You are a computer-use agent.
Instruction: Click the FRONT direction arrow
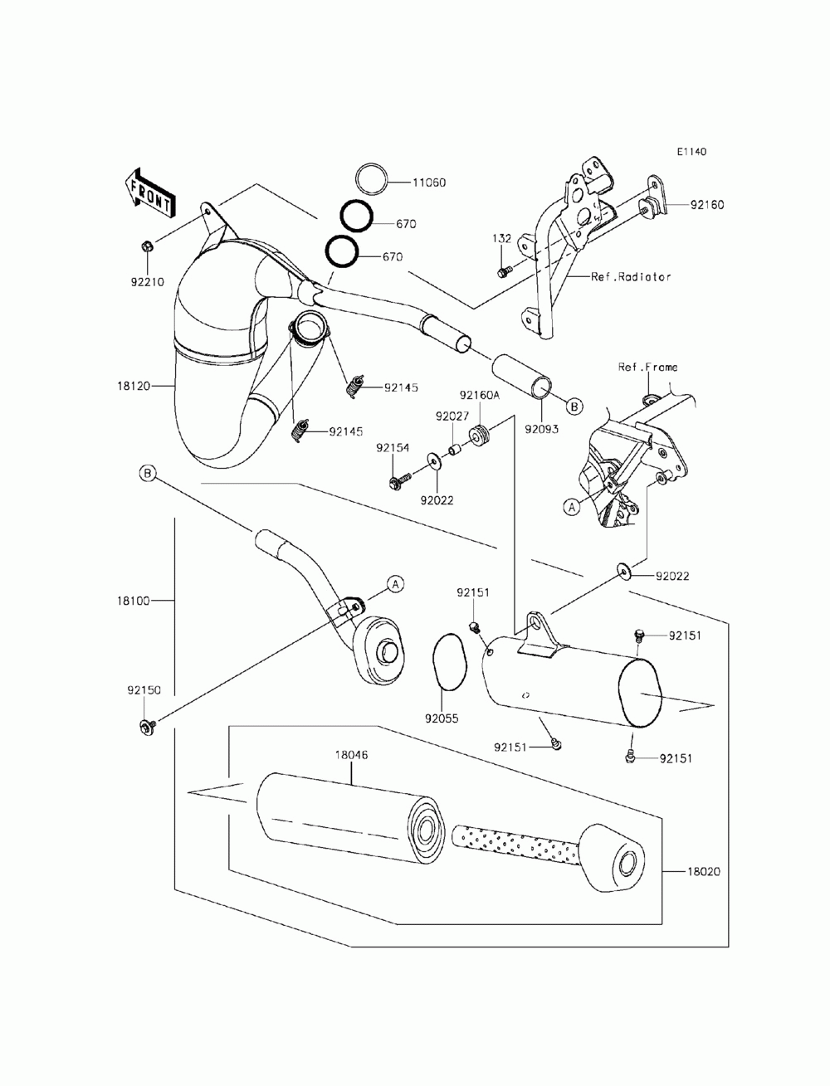(x=149, y=193)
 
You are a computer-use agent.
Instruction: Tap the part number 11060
(x=428, y=183)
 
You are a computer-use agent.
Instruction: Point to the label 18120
(x=133, y=386)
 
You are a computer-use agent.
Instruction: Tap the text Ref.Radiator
(x=631, y=276)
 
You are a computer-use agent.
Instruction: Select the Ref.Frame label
(x=647, y=367)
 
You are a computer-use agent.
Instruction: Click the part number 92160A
(x=480, y=395)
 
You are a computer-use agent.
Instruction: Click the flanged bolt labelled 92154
(x=400, y=480)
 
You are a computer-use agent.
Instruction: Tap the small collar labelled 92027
(x=455, y=450)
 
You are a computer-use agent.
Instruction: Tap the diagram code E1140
(x=691, y=152)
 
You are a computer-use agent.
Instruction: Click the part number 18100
(x=133, y=601)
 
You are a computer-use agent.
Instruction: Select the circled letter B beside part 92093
(x=574, y=407)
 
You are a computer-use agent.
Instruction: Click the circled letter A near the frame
(x=572, y=507)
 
